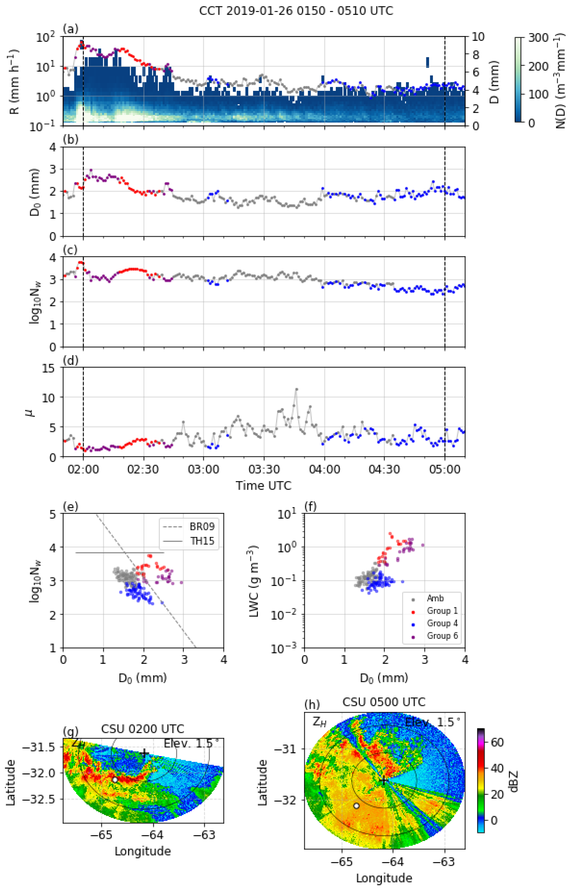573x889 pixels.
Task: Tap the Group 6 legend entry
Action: [442, 636]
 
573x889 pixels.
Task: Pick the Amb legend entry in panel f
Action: [435, 598]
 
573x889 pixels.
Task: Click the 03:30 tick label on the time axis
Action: [264, 470]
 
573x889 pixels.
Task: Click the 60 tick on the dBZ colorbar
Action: [497, 742]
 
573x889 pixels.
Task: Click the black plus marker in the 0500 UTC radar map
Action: [383, 781]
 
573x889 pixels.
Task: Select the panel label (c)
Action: [70, 250]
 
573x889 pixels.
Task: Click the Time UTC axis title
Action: [263, 485]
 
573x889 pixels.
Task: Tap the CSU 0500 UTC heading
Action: [384, 702]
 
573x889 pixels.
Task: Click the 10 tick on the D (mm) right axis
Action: [478, 37]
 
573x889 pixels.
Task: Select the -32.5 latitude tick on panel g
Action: [44, 799]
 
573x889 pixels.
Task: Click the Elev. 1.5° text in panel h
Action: [432, 722]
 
